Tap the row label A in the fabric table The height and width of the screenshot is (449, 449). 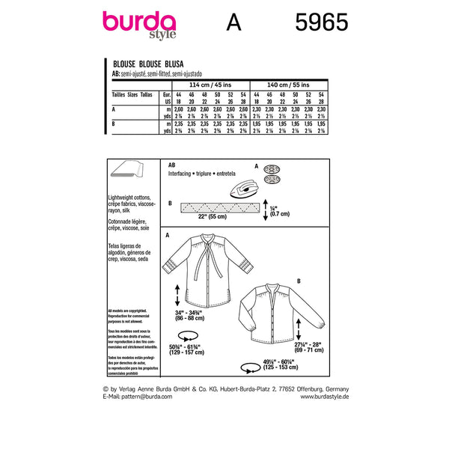pyautogui.click(x=113, y=109)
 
